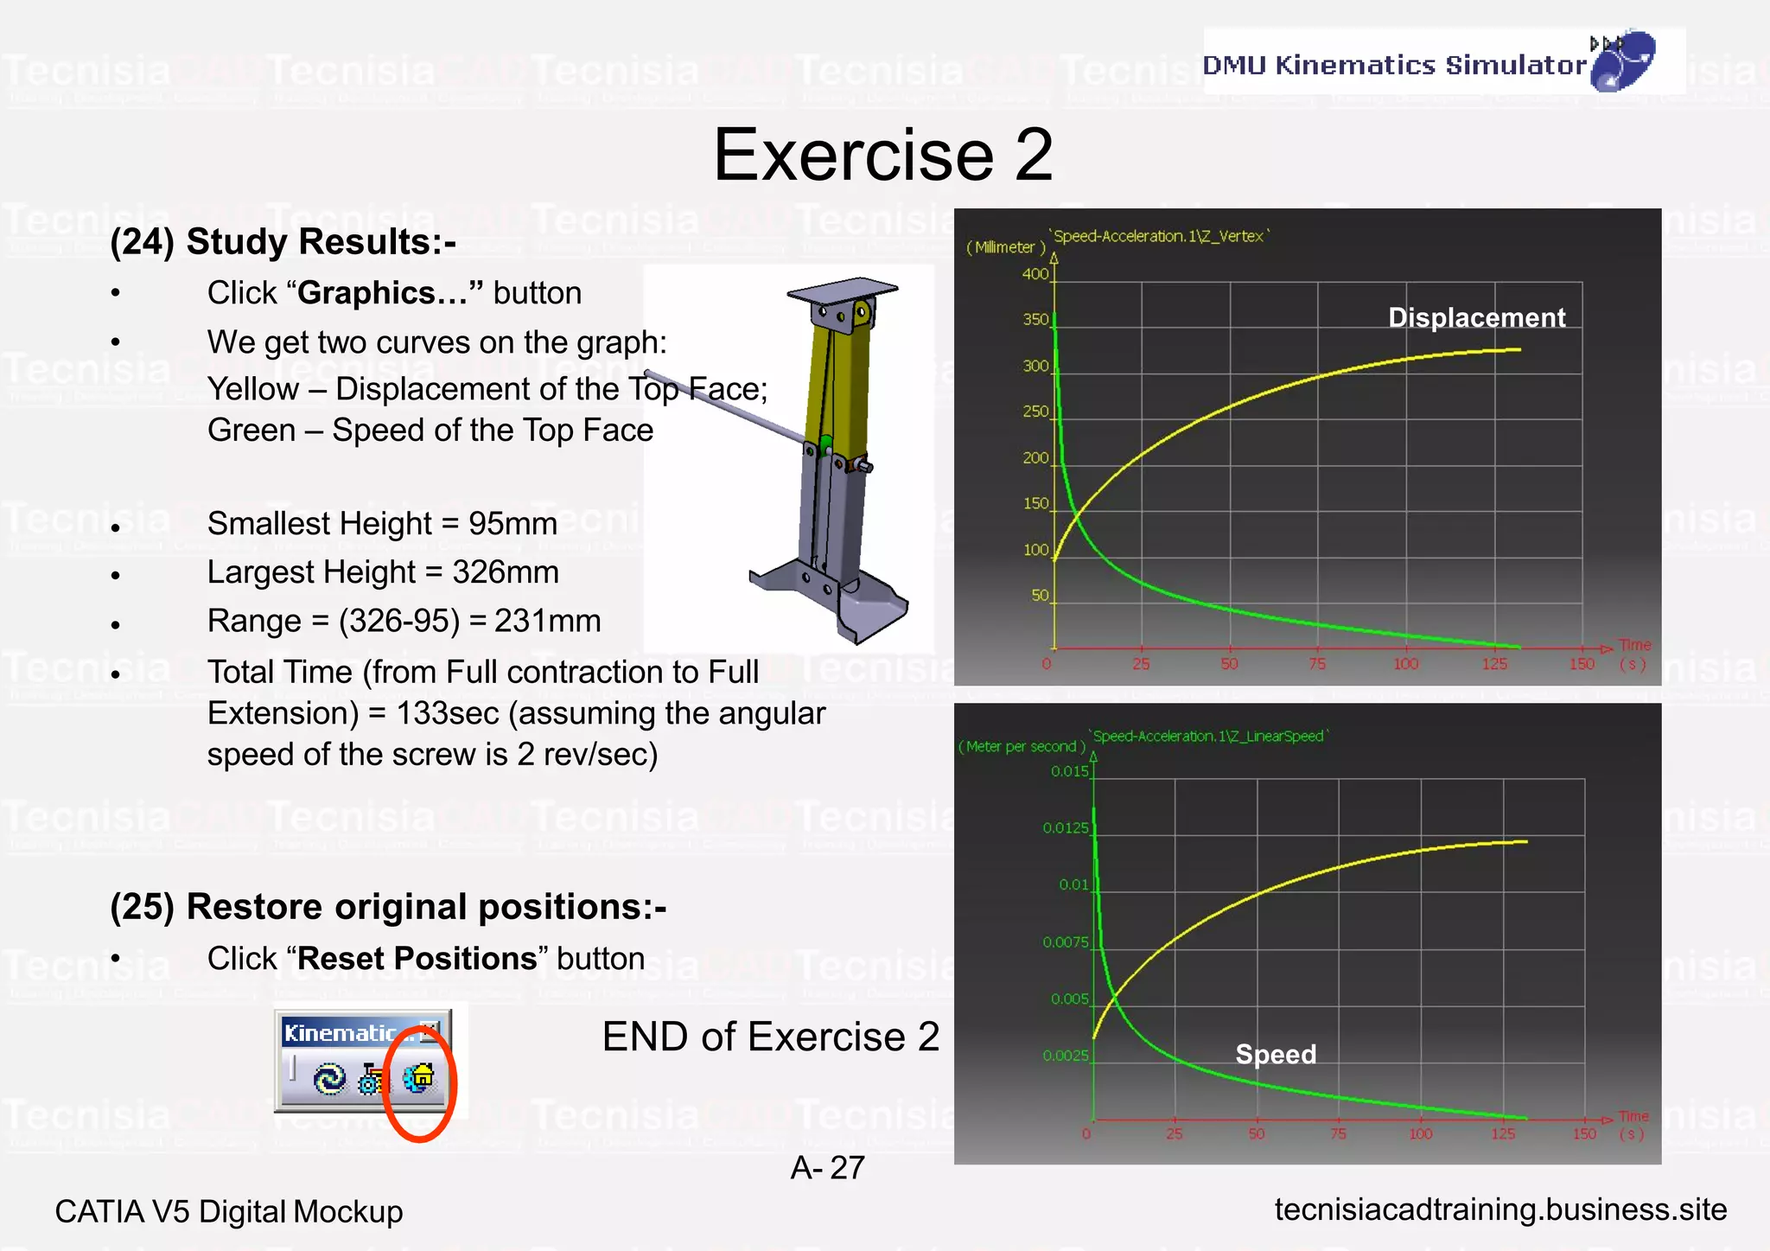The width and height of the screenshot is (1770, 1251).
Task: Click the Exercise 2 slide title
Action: (x=882, y=155)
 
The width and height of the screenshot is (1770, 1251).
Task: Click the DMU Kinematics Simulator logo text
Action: (x=1393, y=65)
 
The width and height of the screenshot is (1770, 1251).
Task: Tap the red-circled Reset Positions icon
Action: (x=419, y=1078)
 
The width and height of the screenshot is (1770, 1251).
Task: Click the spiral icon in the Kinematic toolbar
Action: (x=329, y=1079)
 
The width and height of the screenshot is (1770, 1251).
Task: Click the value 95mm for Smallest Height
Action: (x=513, y=524)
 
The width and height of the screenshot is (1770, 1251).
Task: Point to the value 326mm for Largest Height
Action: (x=506, y=572)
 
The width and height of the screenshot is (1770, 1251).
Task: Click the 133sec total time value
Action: (x=448, y=714)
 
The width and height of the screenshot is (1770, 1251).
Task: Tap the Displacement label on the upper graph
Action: (x=1476, y=317)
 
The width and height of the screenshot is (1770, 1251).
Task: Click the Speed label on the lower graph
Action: (x=1276, y=1054)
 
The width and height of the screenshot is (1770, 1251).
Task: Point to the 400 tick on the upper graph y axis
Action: (x=1035, y=274)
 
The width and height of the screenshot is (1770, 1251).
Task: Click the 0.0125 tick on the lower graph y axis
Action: (x=1065, y=828)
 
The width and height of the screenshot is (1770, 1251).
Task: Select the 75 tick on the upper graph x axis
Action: (x=1317, y=664)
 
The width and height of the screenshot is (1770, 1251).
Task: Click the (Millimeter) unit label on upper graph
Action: (x=1005, y=247)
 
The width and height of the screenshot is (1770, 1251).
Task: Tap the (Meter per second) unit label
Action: (x=1022, y=746)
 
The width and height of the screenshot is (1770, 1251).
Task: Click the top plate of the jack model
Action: (x=843, y=290)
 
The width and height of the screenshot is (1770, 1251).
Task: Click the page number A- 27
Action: (x=827, y=1168)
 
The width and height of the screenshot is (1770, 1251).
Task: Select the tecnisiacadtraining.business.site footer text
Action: (x=1500, y=1210)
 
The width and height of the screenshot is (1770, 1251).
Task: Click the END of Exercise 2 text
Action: (x=770, y=1037)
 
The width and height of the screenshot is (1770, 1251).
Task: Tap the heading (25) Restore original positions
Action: (x=388, y=907)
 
